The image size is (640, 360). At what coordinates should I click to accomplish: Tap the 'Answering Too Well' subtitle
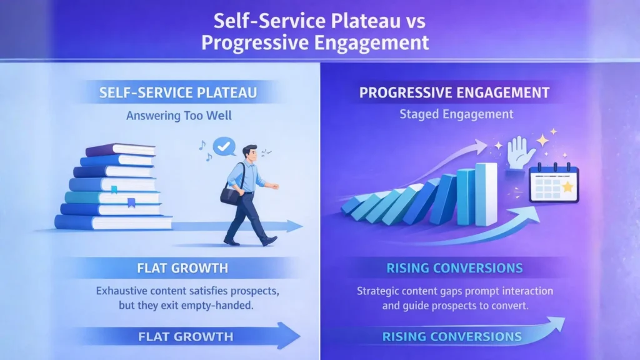[x=179, y=116]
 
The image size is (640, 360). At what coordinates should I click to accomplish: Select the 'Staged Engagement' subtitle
[x=456, y=114]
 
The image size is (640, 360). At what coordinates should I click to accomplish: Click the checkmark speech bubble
[x=224, y=146]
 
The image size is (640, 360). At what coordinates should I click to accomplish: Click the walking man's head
[x=250, y=154]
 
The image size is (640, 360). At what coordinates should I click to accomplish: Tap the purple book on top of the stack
[x=121, y=150]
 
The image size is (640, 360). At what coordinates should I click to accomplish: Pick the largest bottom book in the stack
[x=114, y=222]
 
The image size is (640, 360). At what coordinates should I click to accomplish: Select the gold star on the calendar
[x=567, y=187]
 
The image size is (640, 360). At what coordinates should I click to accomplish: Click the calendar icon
[x=554, y=183]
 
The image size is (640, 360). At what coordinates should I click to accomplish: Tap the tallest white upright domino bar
[x=486, y=194]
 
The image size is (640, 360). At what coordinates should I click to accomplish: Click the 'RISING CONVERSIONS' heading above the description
[x=454, y=268]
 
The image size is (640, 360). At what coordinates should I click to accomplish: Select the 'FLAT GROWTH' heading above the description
[x=182, y=268]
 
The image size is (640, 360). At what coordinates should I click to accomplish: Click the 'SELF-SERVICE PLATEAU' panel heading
[x=178, y=92]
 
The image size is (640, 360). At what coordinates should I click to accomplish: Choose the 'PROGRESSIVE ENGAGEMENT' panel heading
[x=454, y=92]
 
